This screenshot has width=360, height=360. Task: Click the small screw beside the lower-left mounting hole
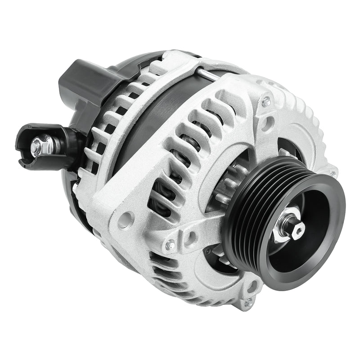[x=170, y=245]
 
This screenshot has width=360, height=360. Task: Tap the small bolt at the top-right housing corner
[x=266, y=102]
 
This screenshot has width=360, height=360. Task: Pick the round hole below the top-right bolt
[x=269, y=121]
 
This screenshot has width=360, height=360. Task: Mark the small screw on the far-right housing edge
[x=332, y=173]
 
